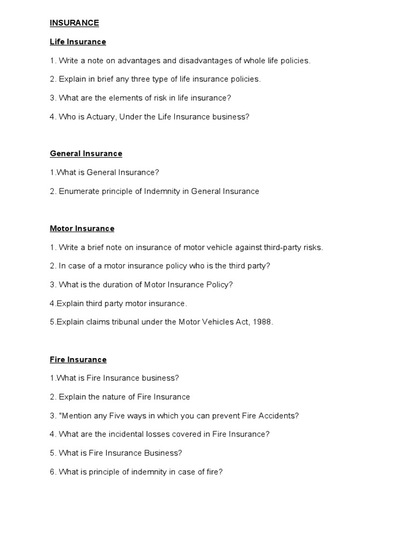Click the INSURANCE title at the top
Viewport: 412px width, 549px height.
(75, 23)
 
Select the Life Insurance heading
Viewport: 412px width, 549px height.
(78, 41)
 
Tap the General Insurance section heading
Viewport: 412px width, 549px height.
(86, 153)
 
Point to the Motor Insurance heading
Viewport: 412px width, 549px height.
(82, 228)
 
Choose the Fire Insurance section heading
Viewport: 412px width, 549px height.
(78, 359)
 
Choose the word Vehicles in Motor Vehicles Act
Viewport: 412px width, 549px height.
(223, 322)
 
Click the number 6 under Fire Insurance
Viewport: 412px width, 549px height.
(53, 472)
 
